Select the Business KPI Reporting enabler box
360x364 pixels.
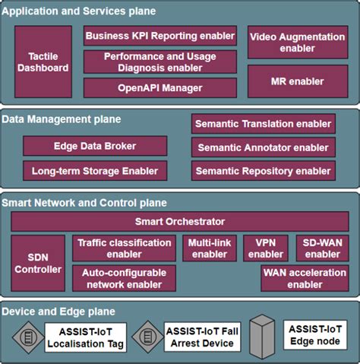pos(160,36)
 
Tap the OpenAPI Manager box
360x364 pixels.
pos(160,87)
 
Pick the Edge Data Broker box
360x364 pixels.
pos(96,146)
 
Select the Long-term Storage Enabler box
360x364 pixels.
pos(96,170)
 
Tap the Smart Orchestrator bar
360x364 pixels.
pos(180,222)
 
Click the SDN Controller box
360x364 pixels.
pos(39,263)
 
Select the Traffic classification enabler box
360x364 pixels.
pos(125,248)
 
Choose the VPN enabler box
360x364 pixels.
pos(266,248)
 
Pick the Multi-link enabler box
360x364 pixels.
pos(210,248)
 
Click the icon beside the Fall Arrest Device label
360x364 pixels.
pos(144,337)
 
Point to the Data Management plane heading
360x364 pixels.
pos(62,119)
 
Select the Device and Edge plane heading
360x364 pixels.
pos(58,312)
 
